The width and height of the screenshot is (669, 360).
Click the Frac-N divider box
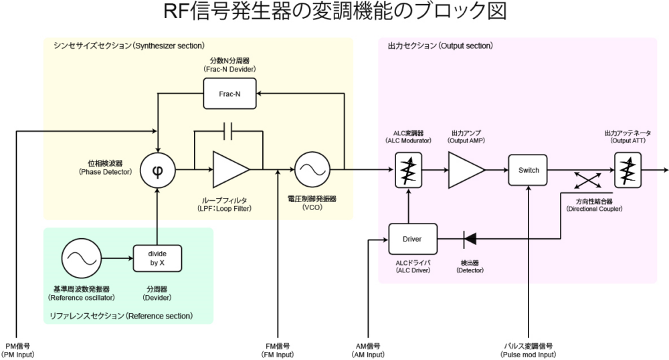tap(229, 94)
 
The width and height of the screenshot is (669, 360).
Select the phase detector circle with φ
tap(157, 169)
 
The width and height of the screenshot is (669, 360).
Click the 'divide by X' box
tap(157, 257)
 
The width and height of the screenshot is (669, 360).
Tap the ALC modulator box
tap(407, 170)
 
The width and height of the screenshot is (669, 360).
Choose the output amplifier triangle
tap(467, 170)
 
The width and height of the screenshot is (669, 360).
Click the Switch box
tap(529, 170)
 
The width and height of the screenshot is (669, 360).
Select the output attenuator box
tap(627, 170)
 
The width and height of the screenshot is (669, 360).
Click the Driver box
tap(412, 238)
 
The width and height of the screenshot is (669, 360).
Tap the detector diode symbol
tap(470, 238)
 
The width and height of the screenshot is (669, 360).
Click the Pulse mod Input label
tap(529, 350)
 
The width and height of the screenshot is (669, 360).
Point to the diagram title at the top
tap(334, 13)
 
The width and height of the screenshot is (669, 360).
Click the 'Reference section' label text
tap(121, 315)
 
